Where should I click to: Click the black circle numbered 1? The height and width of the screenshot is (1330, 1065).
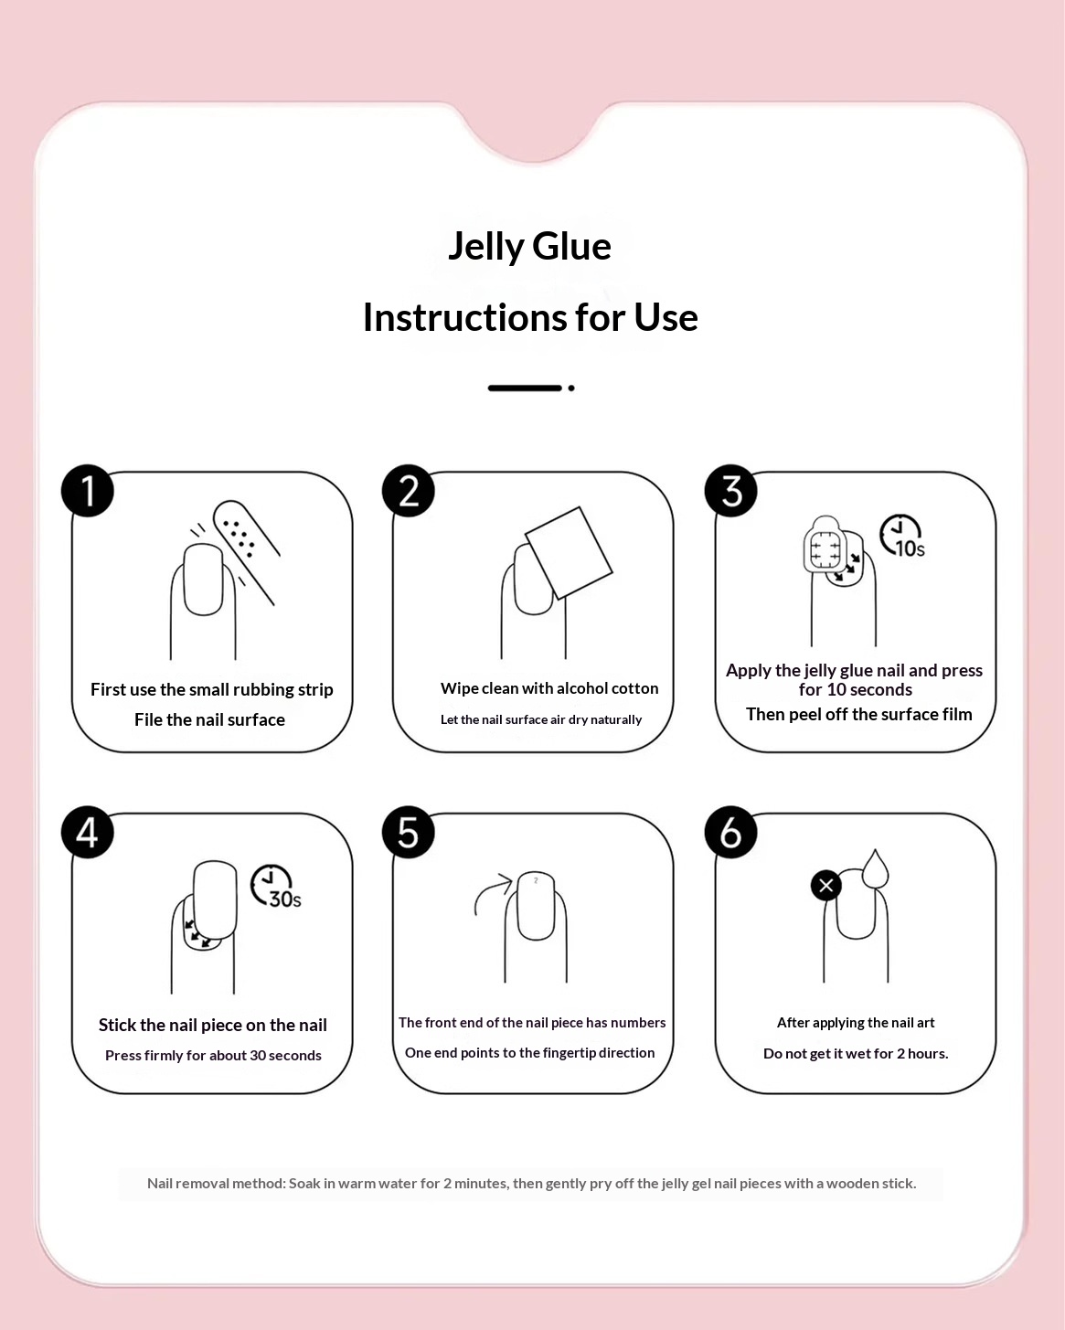(x=87, y=491)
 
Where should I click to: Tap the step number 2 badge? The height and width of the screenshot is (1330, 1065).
(x=408, y=491)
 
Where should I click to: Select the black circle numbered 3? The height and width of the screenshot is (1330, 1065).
(x=730, y=491)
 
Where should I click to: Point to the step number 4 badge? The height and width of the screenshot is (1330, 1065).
(x=87, y=832)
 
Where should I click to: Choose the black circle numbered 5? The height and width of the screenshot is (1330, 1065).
(x=408, y=832)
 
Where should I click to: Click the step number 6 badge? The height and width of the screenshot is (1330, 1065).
(x=730, y=832)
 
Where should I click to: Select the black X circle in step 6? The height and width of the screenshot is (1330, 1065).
(x=825, y=886)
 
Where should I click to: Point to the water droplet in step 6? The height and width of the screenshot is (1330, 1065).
(x=875, y=869)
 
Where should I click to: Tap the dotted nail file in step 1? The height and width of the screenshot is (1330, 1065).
(x=246, y=551)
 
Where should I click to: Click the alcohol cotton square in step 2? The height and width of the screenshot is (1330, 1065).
(x=569, y=553)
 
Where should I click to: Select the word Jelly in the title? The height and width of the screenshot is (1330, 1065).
(x=485, y=247)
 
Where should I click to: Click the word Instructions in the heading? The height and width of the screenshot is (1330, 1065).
(x=464, y=317)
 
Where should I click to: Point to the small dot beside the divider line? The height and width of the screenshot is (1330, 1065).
(x=571, y=388)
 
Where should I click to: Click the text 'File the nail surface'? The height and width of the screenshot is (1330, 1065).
(x=209, y=719)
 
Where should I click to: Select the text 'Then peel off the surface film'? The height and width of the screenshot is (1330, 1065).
(x=858, y=714)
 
